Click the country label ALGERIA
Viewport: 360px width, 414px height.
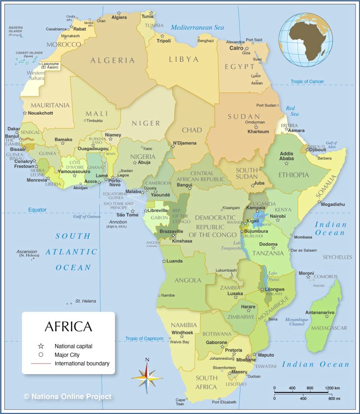pyautogui.click(x=113, y=60)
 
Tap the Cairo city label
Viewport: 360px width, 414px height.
pyautogui.click(x=236, y=48)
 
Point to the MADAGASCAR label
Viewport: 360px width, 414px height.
pyautogui.click(x=329, y=328)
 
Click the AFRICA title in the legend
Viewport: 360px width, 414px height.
pyautogui.click(x=68, y=327)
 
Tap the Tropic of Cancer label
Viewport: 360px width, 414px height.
pyautogui.click(x=307, y=82)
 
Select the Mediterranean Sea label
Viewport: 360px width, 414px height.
pyautogui.click(x=197, y=28)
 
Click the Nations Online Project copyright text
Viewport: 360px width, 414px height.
pyautogui.click(x=68, y=396)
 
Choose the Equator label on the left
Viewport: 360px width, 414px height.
pyautogui.click(x=37, y=210)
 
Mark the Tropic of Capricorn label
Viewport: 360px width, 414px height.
pyautogui.click(x=144, y=339)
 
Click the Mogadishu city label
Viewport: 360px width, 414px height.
pyautogui.click(x=333, y=204)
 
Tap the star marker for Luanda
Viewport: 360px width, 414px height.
pyautogui.click(x=164, y=261)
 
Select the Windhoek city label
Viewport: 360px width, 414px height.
pyautogui.click(x=182, y=332)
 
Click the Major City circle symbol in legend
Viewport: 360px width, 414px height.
pyautogui.click(x=41, y=355)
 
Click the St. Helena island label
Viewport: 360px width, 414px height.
pyautogui.click(x=85, y=301)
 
